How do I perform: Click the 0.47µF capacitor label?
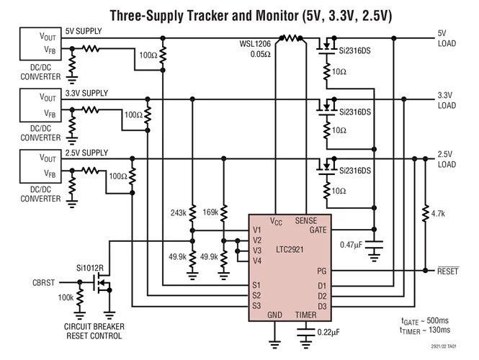click(355, 246)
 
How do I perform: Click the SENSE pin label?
click(316, 220)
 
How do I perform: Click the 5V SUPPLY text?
click(84, 31)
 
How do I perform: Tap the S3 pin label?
click(256, 306)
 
